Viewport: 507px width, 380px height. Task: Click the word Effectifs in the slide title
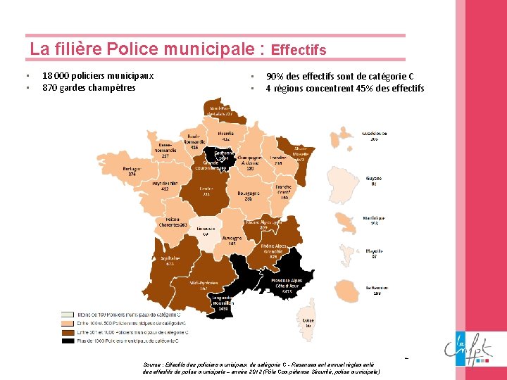(x=299, y=50)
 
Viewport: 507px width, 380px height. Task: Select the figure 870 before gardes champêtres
(x=49, y=88)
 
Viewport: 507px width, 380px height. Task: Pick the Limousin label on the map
(x=206, y=229)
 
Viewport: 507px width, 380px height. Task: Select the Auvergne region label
(x=232, y=239)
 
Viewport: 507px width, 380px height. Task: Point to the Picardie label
(x=226, y=133)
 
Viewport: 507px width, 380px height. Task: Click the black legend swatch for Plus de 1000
(x=68, y=340)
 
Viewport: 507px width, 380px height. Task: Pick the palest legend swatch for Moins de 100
(x=68, y=314)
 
